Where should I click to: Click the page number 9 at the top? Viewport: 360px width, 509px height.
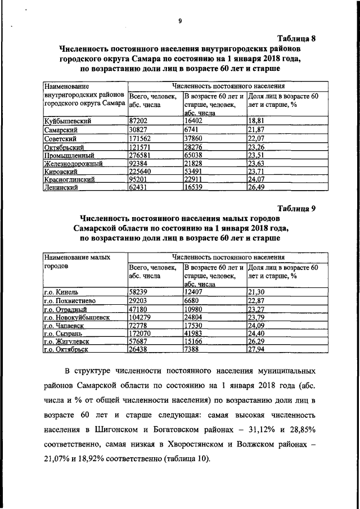tap(180, 21)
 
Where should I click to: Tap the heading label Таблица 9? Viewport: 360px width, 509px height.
tap(295, 208)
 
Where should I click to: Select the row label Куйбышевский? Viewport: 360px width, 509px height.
tap(67, 120)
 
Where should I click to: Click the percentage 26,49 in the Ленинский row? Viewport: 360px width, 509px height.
tap(256, 188)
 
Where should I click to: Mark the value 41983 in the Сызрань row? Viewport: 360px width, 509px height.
tap(195, 334)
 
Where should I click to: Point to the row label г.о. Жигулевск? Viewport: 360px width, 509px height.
tap(69, 342)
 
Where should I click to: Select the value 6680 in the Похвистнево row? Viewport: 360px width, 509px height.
tap(193, 300)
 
